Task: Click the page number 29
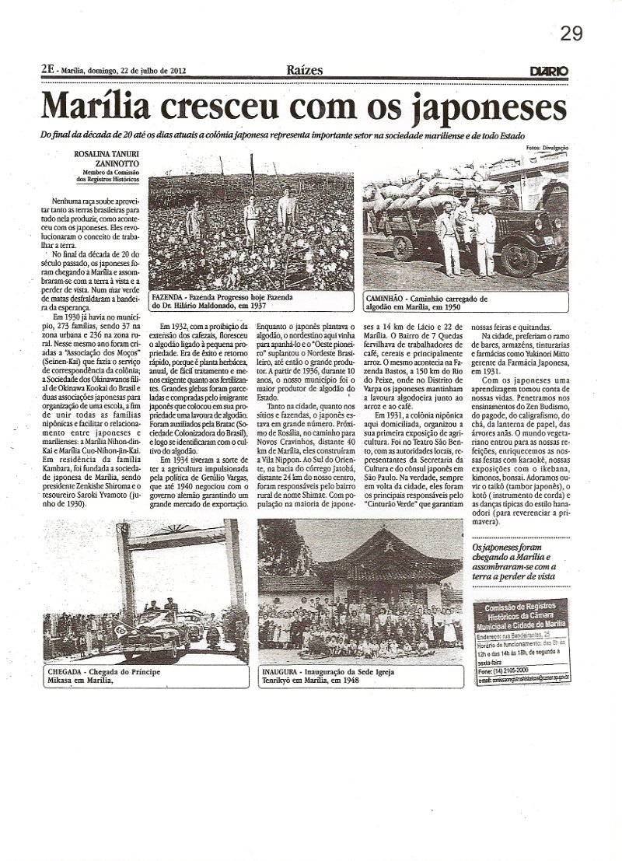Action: [x=571, y=33]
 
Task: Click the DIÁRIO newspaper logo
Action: [x=548, y=71]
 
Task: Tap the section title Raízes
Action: [x=303, y=70]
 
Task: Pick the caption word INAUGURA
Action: [x=282, y=668]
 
